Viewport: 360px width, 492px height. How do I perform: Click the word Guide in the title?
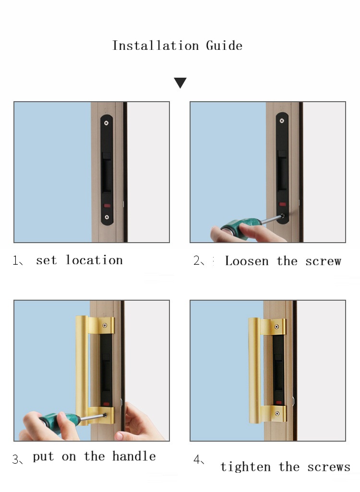[224, 46]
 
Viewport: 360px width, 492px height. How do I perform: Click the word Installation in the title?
[156, 46]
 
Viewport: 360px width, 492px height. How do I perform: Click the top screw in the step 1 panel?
[106, 123]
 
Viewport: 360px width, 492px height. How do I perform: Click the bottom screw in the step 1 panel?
[107, 217]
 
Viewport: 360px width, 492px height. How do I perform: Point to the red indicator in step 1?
[107, 206]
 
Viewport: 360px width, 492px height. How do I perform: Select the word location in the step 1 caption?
[94, 260]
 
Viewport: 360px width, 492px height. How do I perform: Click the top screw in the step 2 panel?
[282, 121]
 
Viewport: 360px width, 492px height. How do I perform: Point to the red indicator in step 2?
[282, 204]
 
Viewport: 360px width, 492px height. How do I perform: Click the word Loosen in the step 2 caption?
[247, 261]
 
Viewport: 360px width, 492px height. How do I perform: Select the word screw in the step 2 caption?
[323, 261]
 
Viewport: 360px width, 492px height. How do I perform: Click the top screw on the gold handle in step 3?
[105, 326]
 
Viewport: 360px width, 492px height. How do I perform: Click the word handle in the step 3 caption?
[134, 456]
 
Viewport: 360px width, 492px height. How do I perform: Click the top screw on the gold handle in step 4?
[277, 327]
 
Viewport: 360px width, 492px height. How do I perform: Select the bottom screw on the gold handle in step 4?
[277, 413]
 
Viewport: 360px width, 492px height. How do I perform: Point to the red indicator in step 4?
[278, 403]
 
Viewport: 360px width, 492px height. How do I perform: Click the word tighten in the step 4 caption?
[245, 467]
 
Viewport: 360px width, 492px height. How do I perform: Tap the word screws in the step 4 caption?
[329, 467]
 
